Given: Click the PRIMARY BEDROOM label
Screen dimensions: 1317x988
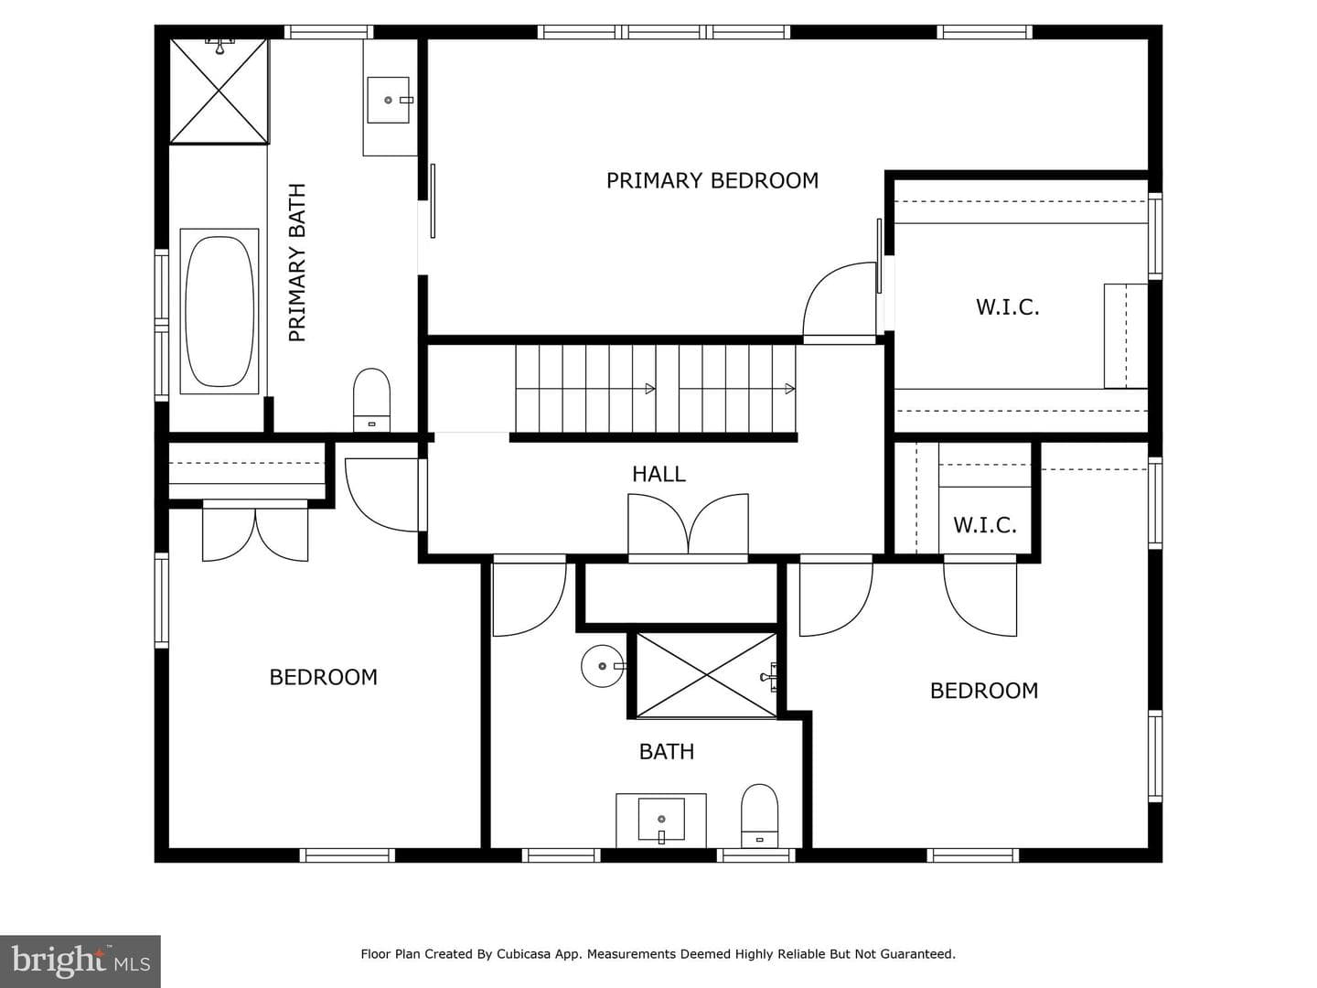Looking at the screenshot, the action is pos(712,180).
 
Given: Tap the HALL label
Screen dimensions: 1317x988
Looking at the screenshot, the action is pos(658,475).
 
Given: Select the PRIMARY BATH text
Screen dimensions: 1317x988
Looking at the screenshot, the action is pos(297,263).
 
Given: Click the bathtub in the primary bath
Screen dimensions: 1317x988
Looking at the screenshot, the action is pos(219,311).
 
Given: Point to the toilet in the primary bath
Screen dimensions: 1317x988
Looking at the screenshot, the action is pos(371,400).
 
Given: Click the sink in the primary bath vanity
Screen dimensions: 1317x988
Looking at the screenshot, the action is pos(388,101).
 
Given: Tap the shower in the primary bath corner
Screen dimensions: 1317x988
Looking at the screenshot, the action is pos(219,91).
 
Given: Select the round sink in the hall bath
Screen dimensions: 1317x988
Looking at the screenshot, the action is pos(603,666).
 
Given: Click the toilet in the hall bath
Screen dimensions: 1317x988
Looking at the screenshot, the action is pos(759,816).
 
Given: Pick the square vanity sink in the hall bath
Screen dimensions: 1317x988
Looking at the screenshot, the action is pos(661,820).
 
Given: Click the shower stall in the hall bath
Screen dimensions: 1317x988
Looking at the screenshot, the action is pos(706,675).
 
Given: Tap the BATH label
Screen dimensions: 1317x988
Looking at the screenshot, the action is pos(667,752).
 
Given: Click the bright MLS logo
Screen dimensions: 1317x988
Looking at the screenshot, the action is pos(80,961).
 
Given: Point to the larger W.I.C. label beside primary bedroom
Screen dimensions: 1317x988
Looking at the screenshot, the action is pos(1007,307).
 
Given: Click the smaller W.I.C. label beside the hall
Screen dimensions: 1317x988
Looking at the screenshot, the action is pos(985,525).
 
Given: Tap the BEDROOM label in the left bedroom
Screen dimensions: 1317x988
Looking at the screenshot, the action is pos(324,677).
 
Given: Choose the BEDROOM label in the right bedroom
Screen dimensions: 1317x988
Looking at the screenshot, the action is pos(984,691).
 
